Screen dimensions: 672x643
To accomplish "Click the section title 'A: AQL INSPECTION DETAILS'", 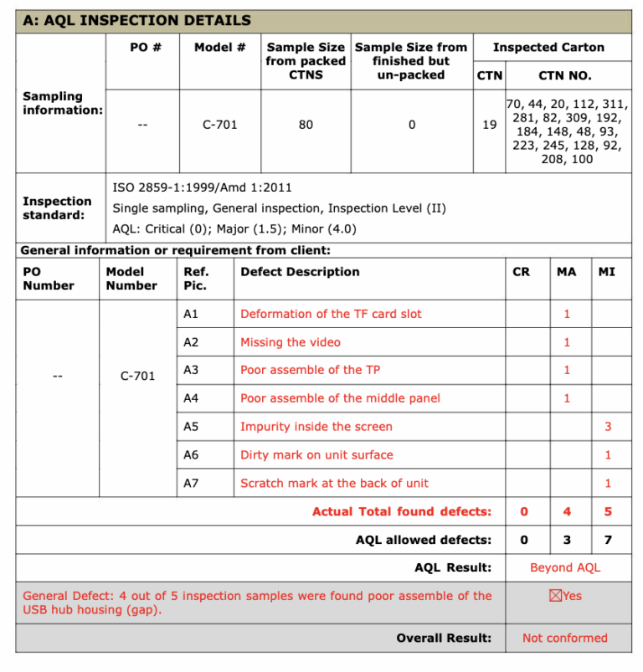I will click(x=136, y=20).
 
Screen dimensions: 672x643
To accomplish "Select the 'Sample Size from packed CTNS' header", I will click(x=306, y=61).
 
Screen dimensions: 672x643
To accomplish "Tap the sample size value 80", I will click(x=306, y=125).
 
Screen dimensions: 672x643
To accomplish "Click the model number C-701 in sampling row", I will click(x=220, y=125).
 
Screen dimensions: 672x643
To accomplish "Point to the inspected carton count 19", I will click(x=490, y=125).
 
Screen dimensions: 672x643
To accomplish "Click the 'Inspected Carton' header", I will click(x=548, y=48).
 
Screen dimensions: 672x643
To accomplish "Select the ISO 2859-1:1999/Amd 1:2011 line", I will click(x=203, y=187).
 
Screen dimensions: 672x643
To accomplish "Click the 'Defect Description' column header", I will click(x=300, y=272).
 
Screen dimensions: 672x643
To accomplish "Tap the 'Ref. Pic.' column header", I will click(x=196, y=279).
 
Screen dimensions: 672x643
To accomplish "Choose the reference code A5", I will click(x=191, y=427).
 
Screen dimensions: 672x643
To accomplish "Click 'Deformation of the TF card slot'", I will click(x=331, y=314).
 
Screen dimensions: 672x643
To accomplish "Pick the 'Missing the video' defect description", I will click(x=291, y=342).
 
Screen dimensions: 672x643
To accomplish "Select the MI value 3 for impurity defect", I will click(x=608, y=427).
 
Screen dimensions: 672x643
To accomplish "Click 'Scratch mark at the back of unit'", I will click(x=334, y=483).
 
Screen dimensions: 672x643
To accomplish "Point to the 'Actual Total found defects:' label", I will click(x=402, y=511).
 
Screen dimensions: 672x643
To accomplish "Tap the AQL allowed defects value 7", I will click(x=608, y=540).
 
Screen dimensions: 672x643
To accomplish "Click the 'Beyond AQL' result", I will click(x=565, y=567).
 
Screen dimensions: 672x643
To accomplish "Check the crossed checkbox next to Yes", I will click(x=553, y=596).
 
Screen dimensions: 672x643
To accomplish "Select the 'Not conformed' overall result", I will click(x=565, y=638).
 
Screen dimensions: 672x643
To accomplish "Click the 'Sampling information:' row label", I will click(x=63, y=103).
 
